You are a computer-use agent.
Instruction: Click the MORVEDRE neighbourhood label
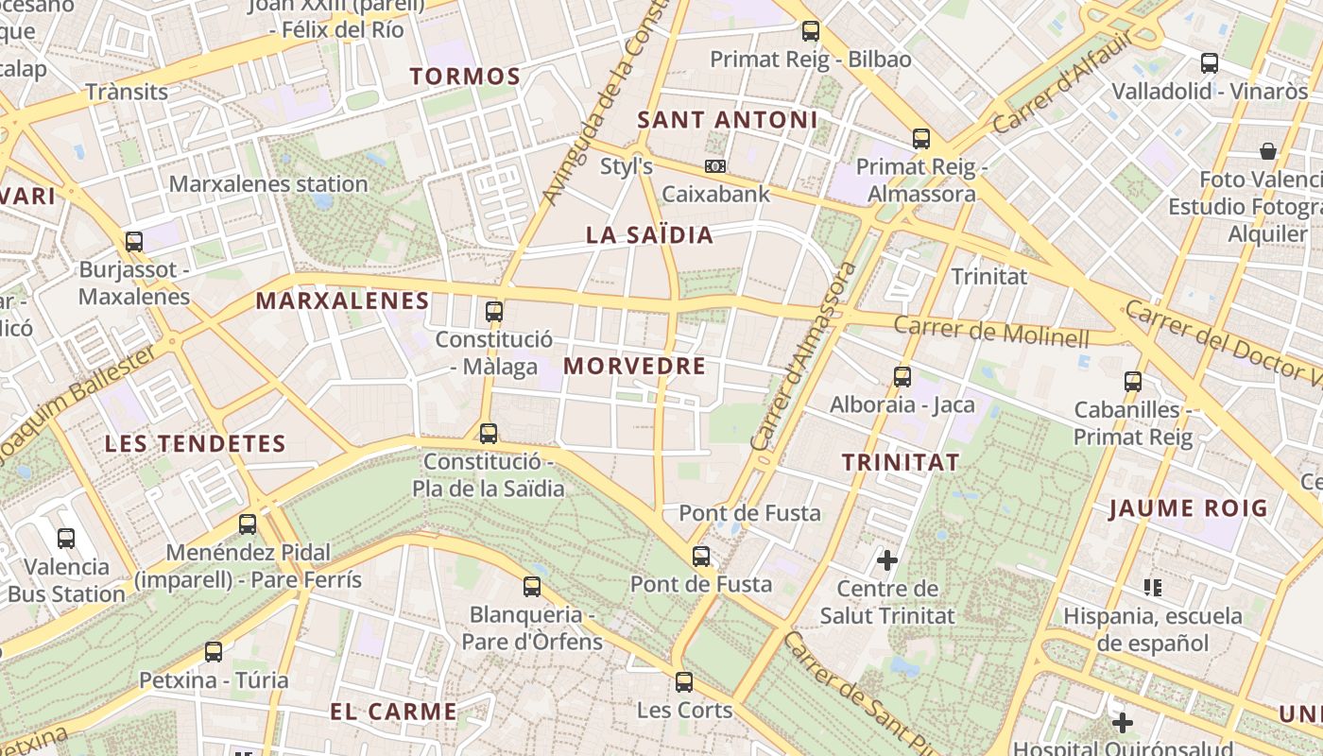coord(634,367)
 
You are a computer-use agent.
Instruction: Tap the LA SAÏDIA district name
coord(649,235)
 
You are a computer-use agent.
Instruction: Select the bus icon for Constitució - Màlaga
coord(493,311)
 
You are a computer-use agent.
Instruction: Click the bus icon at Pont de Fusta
coord(700,557)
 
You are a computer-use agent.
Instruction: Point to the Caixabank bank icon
coord(715,166)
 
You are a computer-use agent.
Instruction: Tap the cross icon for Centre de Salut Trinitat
coord(886,560)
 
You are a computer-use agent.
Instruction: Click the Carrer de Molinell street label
coord(991,332)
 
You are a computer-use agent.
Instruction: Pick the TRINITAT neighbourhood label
coord(901,462)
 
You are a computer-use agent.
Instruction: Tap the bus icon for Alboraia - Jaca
coord(902,377)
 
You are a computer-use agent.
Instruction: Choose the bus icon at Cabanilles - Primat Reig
coord(1132,382)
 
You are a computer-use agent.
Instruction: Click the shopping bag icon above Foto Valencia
coord(1268,151)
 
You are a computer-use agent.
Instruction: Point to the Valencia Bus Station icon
coord(66,539)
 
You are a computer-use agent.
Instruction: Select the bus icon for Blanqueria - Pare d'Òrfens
coord(532,587)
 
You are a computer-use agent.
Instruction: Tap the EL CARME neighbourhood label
coord(394,712)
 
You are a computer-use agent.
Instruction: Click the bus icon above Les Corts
coord(684,681)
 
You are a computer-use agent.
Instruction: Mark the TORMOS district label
coord(466,77)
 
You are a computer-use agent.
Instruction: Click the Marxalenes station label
coord(268,183)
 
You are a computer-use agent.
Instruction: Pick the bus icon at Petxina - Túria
coord(214,651)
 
